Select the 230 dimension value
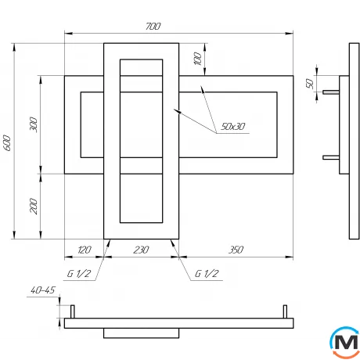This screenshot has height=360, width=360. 141,250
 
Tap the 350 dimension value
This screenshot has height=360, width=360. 235,250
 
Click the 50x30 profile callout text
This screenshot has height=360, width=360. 232,126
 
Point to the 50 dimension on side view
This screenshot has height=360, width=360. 309,84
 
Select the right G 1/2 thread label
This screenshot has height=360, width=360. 206,274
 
